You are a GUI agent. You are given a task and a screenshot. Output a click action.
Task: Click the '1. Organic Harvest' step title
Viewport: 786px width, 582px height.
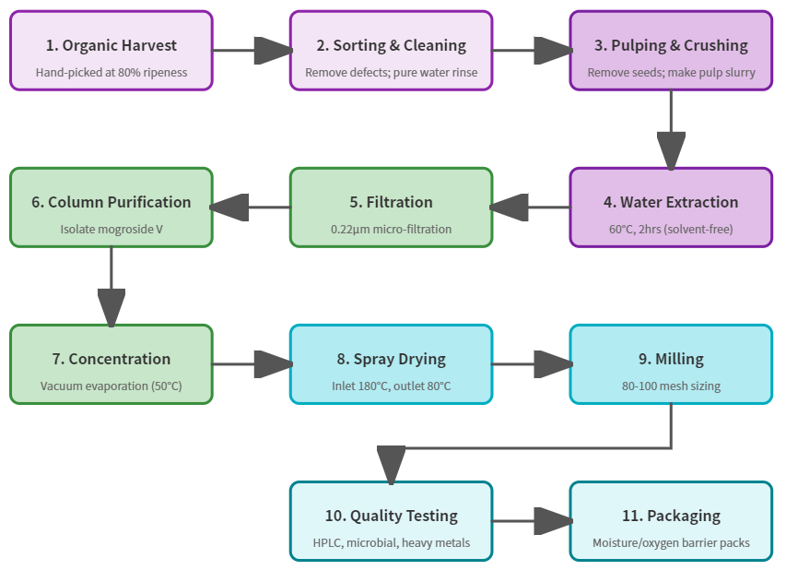click(x=111, y=45)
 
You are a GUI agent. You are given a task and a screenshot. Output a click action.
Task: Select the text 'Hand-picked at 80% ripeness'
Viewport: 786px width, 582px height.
click(x=111, y=72)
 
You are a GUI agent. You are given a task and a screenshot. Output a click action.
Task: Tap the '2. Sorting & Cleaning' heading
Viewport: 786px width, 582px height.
click(x=392, y=45)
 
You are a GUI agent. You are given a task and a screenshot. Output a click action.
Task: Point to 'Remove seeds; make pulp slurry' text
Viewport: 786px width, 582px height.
click(x=671, y=72)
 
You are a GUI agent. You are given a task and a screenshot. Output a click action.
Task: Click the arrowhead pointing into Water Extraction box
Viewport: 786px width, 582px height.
click(x=671, y=151)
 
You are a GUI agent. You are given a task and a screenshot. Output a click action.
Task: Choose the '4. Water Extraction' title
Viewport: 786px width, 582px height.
click(x=671, y=202)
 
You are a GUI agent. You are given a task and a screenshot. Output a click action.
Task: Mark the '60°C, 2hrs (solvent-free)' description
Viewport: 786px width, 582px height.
click(x=671, y=229)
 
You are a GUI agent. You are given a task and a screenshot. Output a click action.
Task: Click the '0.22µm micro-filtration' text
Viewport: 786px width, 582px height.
click(x=392, y=229)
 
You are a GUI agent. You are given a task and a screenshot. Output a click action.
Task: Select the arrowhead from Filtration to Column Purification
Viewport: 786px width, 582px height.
click(x=229, y=208)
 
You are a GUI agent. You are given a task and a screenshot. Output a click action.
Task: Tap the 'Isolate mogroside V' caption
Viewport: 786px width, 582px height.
click(x=111, y=229)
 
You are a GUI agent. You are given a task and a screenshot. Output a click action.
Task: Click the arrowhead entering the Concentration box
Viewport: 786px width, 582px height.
click(x=111, y=308)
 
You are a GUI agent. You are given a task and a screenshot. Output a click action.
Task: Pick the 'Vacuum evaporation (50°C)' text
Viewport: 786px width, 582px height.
click(x=111, y=386)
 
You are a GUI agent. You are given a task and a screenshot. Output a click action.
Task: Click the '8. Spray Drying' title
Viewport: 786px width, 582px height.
click(x=392, y=359)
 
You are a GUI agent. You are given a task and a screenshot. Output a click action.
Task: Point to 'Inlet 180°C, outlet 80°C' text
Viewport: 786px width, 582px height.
click(x=392, y=386)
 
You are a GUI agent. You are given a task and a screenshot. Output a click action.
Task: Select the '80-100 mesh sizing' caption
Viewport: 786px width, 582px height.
click(x=671, y=386)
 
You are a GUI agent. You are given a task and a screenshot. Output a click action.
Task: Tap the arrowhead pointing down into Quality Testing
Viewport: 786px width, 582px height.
click(x=392, y=465)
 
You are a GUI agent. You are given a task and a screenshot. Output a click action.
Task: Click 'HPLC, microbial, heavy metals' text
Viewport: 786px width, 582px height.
click(x=392, y=542)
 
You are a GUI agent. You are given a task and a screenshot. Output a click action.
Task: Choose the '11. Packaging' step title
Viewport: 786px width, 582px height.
click(x=671, y=516)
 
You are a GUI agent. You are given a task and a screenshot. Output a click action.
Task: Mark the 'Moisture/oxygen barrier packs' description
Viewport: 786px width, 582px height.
click(x=671, y=542)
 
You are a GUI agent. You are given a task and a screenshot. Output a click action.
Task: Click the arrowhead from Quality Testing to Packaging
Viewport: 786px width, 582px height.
click(x=552, y=521)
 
